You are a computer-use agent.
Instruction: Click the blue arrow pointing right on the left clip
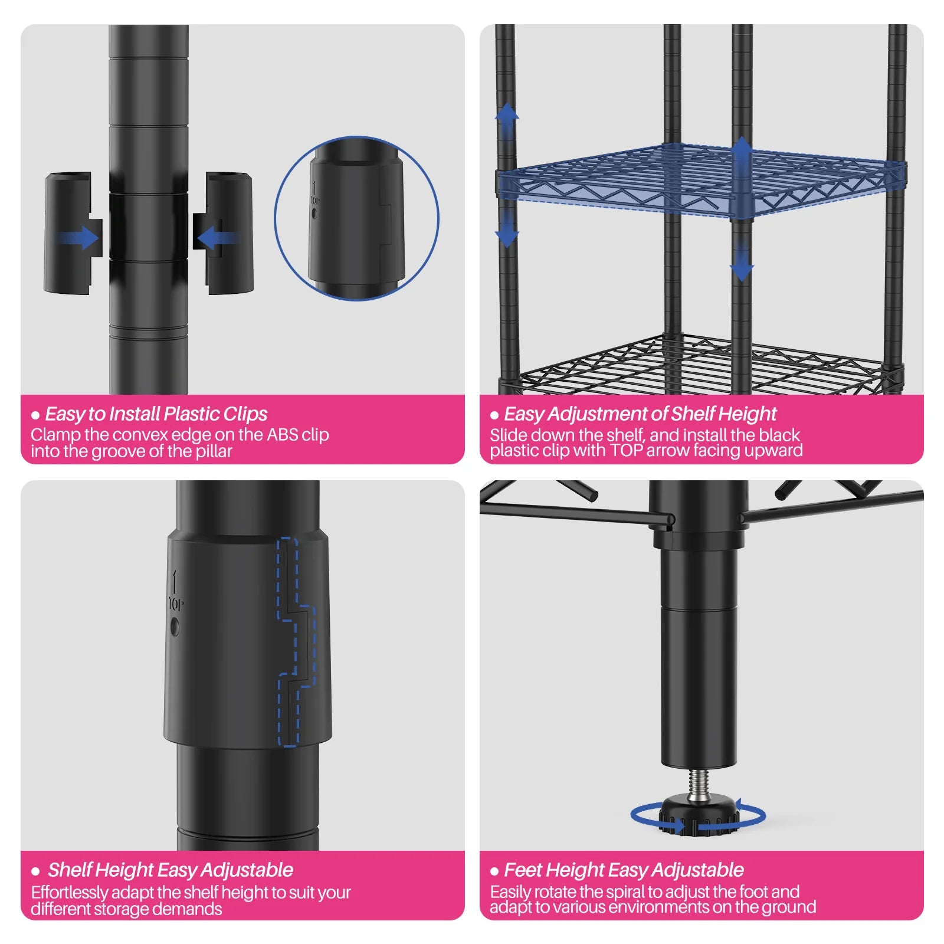coord(77,239)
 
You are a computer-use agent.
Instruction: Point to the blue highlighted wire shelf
coord(701,181)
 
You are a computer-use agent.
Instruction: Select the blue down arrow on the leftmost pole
coord(507,227)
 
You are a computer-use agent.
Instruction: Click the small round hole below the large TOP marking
coord(175,626)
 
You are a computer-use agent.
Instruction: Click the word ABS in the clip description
coord(283,435)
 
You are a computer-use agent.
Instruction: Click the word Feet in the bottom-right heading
coord(524,870)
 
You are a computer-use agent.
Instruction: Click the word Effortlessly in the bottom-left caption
coord(69,893)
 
